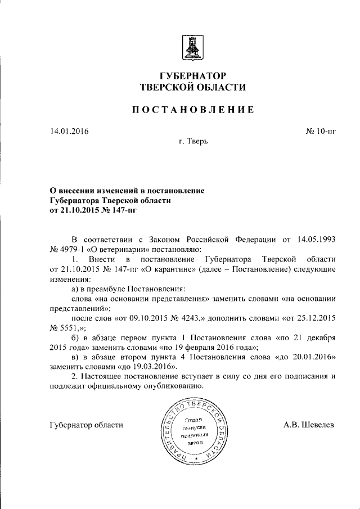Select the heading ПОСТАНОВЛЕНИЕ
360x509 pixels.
[x=192, y=110]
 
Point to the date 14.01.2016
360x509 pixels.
[x=69, y=132]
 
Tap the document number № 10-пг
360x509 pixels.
[x=320, y=132]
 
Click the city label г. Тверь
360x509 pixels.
[x=193, y=141]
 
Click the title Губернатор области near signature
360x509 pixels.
[x=87, y=425]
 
